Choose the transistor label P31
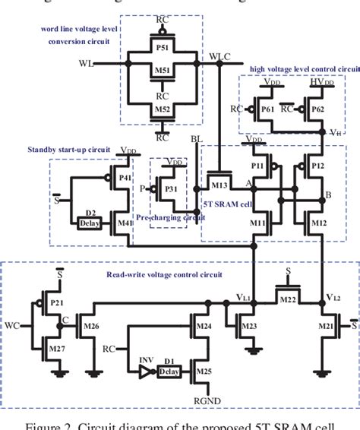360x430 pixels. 174,190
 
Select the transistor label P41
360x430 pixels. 126,179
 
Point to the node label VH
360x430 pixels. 336,132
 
